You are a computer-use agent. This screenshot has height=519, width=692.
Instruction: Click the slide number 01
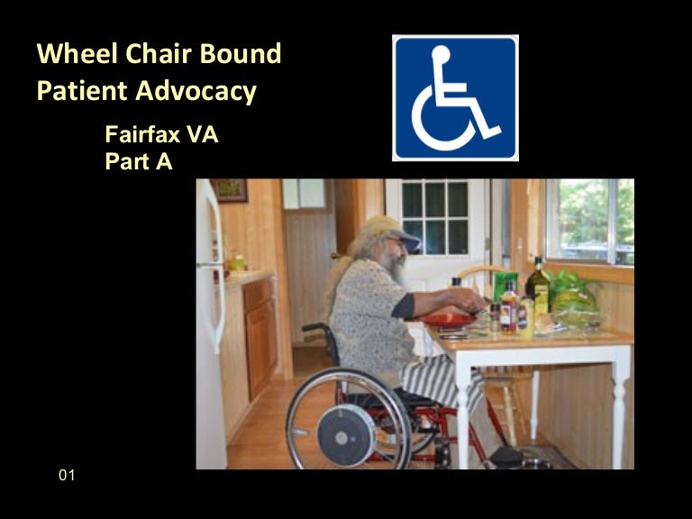[x=67, y=475]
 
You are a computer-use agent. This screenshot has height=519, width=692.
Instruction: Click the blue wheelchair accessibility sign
[x=455, y=98]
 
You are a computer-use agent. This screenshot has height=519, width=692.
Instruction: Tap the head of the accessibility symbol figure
[x=440, y=55]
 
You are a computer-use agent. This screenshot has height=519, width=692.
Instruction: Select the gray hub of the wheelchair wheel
[x=346, y=435]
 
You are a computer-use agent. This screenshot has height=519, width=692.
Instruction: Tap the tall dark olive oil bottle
[x=538, y=283]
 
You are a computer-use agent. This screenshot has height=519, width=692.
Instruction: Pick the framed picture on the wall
[x=231, y=189]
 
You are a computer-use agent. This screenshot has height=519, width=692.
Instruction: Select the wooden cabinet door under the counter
[x=259, y=338]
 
